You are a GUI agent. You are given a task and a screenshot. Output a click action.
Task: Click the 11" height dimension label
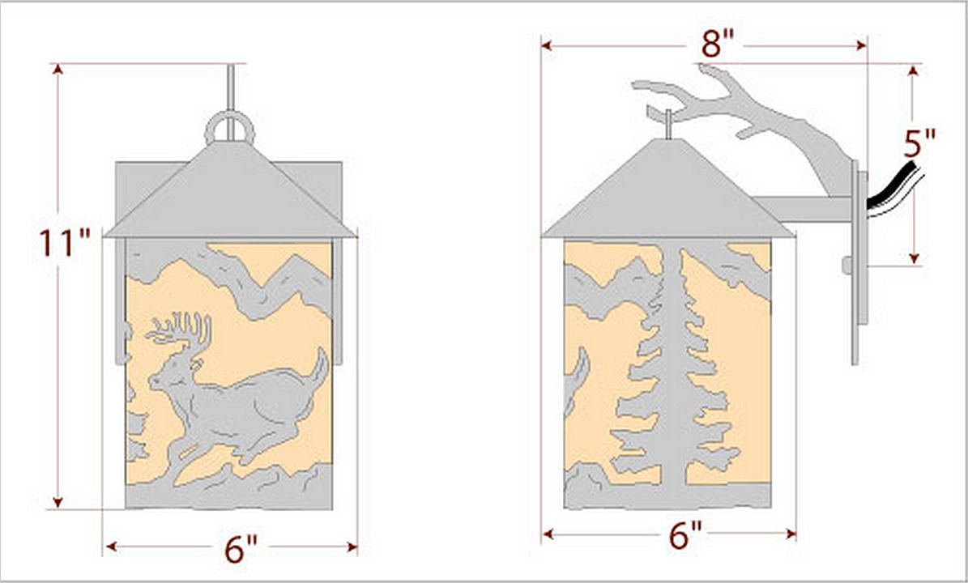(x=64, y=243)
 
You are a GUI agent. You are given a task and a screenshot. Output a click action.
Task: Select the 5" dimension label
(x=919, y=144)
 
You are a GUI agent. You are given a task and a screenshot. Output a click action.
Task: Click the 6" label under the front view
(x=241, y=549)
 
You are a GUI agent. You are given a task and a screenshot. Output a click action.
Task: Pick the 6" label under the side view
(x=685, y=535)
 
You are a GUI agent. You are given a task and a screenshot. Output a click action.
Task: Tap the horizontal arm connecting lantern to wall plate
(x=803, y=209)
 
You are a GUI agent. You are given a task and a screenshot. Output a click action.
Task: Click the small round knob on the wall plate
(x=847, y=266)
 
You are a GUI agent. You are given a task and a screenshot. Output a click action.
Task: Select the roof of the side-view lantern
(x=668, y=190)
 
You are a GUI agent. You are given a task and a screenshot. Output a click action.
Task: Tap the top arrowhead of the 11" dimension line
(x=58, y=69)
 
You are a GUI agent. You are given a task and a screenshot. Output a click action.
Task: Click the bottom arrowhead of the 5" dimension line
(x=915, y=258)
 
